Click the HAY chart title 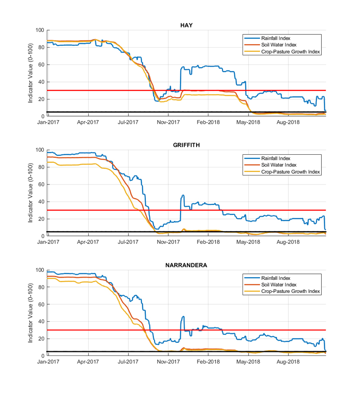tap(186, 25)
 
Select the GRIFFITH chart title tap(186, 145)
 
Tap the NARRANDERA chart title tap(186, 265)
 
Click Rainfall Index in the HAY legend tap(275, 38)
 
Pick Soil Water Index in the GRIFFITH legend tap(279, 165)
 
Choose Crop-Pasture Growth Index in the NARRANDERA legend tap(290, 291)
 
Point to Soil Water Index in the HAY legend tap(279, 45)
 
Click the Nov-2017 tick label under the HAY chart tap(168, 122)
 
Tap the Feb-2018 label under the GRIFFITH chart tap(208, 242)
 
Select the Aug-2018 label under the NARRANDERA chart tap(288, 362)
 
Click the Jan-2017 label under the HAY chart tap(48, 122)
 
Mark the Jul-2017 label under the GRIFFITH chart tap(128, 242)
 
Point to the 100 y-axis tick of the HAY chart tap(40, 30)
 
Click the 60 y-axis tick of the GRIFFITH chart tap(41, 184)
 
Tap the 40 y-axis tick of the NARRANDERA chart tap(41, 322)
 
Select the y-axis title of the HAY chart tap(30, 73)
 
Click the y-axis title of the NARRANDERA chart tap(30, 313)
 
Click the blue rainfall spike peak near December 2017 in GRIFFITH tap(183, 195)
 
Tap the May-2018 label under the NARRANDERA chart tap(248, 362)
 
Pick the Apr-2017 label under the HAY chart tap(88, 122)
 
